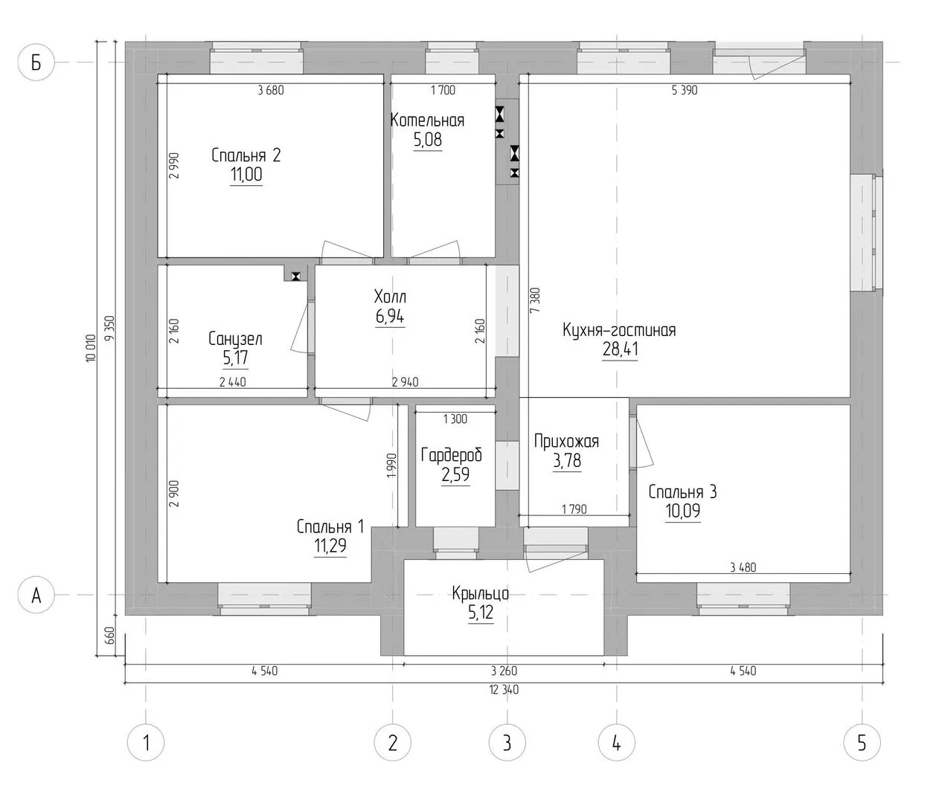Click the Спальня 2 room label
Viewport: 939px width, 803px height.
click(x=246, y=155)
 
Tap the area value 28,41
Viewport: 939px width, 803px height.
click(x=620, y=349)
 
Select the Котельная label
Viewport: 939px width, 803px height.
click(x=427, y=120)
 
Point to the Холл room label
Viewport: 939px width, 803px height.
click(x=390, y=297)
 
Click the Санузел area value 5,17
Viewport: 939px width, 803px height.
click(x=235, y=358)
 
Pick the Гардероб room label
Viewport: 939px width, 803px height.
click(x=451, y=455)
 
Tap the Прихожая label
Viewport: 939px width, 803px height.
click(x=566, y=441)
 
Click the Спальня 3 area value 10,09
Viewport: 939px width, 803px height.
click(x=683, y=511)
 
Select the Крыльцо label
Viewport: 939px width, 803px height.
click(x=480, y=593)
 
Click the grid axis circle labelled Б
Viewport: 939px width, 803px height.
click(x=36, y=62)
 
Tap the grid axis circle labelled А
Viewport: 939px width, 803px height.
click(x=36, y=595)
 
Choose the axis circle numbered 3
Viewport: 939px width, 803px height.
click(x=507, y=743)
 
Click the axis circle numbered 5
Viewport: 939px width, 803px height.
click(x=862, y=743)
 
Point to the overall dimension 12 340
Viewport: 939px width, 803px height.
click(x=504, y=690)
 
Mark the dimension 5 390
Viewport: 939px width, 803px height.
click(x=685, y=90)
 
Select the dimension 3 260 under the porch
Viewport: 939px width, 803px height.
click(x=504, y=671)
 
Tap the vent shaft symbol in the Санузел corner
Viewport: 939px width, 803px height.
click(x=295, y=276)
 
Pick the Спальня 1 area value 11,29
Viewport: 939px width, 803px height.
click(x=330, y=545)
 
